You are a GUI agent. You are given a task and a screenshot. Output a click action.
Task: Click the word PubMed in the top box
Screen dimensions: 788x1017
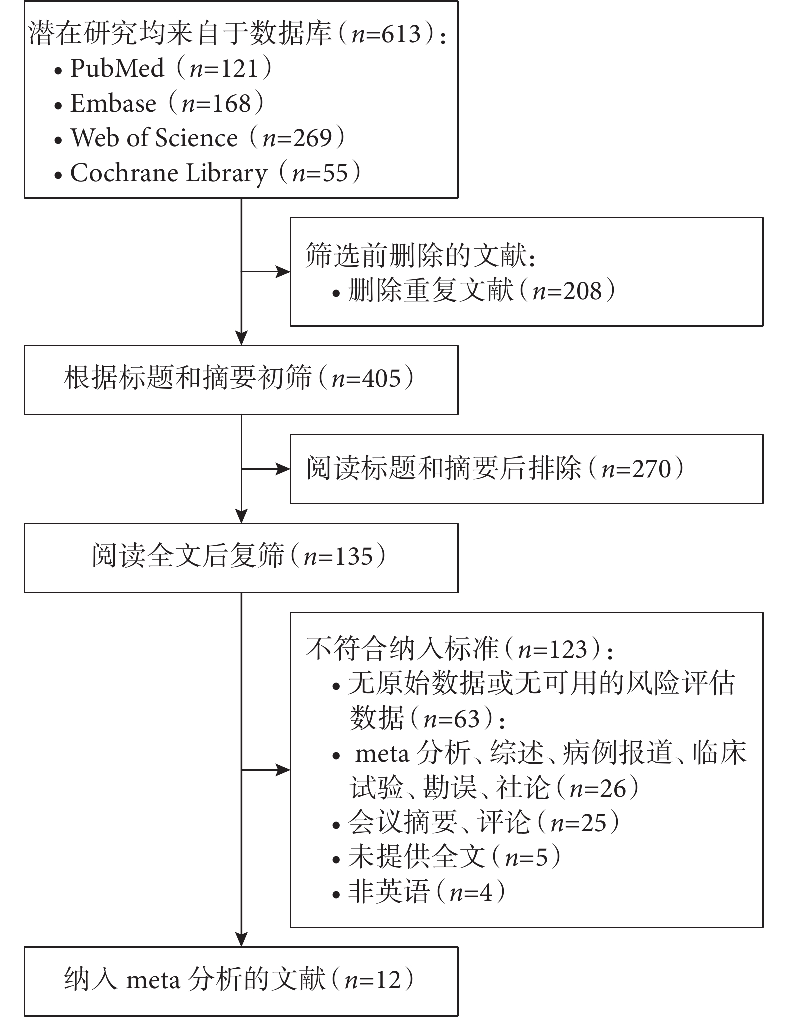pyautogui.click(x=117, y=68)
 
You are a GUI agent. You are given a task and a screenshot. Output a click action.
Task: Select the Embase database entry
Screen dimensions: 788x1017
pyautogui.click(x=113, y=103)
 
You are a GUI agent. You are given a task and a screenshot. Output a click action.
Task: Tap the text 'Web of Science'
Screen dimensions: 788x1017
pyautogui.click(x=154, y=138)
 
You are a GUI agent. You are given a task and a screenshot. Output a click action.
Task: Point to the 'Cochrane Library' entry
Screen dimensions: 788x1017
pyautogui.click(x=169, y=173)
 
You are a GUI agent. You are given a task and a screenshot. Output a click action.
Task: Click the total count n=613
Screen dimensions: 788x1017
pyautogui.click(x=386, y=34)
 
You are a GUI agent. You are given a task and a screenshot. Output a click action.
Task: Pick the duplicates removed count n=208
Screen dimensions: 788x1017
pyautogui.click(x=567, y=291)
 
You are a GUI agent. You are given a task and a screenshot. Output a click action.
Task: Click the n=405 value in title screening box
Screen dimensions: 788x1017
pyautogui.click(x=367, y=379)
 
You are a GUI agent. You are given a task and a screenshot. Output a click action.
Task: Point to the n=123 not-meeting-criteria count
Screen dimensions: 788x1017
pyautogui.click(x=552, y=649)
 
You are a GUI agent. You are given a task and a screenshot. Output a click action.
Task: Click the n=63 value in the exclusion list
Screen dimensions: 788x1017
pyautogui.click(x=452, y=719)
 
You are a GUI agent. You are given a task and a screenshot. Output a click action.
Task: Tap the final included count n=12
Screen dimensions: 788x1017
pyautogui.click(x=373, y=980)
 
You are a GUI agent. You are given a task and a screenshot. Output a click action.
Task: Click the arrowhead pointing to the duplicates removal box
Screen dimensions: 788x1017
pyautogui.click(x=283, y=272)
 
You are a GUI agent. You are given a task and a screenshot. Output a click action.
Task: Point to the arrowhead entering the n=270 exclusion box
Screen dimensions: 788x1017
pyautogui.click(x=283, y=469)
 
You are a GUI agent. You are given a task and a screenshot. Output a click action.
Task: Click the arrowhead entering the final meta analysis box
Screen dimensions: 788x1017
pyautogui.click(x=242, y=939)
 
